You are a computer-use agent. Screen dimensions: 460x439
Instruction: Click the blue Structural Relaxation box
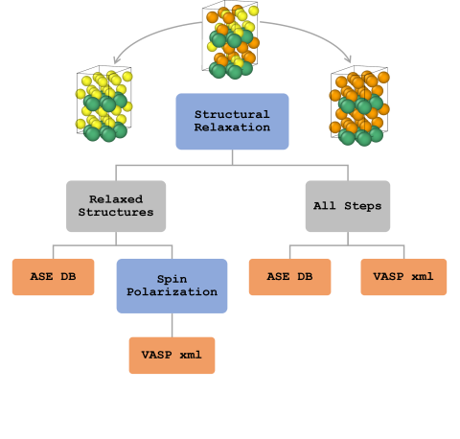pos(232,122)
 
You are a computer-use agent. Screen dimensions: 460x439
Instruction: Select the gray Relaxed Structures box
pos(116,206)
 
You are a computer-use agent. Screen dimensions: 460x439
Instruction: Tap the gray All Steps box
pos(348,206)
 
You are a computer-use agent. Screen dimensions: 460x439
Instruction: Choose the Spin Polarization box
pos(172,286)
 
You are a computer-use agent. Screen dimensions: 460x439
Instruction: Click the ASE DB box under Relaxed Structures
pos(53,277)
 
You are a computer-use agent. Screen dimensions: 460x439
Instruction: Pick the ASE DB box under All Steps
pos(289,277)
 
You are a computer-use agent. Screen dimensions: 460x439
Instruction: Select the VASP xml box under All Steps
pos(403,277)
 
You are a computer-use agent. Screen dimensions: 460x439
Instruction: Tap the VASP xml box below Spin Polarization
pos(172,356)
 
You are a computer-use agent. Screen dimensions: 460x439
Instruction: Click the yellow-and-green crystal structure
pos(104,104)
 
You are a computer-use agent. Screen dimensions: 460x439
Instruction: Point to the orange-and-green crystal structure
pos(359,105)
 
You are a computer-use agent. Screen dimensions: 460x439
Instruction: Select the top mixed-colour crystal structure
pos(231,39)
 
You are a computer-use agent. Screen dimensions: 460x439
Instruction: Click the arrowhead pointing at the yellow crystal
pos(116,60)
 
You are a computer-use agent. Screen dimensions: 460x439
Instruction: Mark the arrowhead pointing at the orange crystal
pos(349,59)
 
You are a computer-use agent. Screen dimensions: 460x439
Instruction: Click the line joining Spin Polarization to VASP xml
pos(172,325)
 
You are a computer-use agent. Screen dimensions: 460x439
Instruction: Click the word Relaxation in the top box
pos(232,127)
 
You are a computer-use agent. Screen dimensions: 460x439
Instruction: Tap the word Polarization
pos(172,292)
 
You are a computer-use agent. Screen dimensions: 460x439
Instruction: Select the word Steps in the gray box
pos(363,206)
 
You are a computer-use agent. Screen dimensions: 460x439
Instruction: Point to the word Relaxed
pos(116,199)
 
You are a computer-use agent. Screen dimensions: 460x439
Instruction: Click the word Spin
pos(172,279)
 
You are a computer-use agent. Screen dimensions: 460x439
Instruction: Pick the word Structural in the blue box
pos(232,114)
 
